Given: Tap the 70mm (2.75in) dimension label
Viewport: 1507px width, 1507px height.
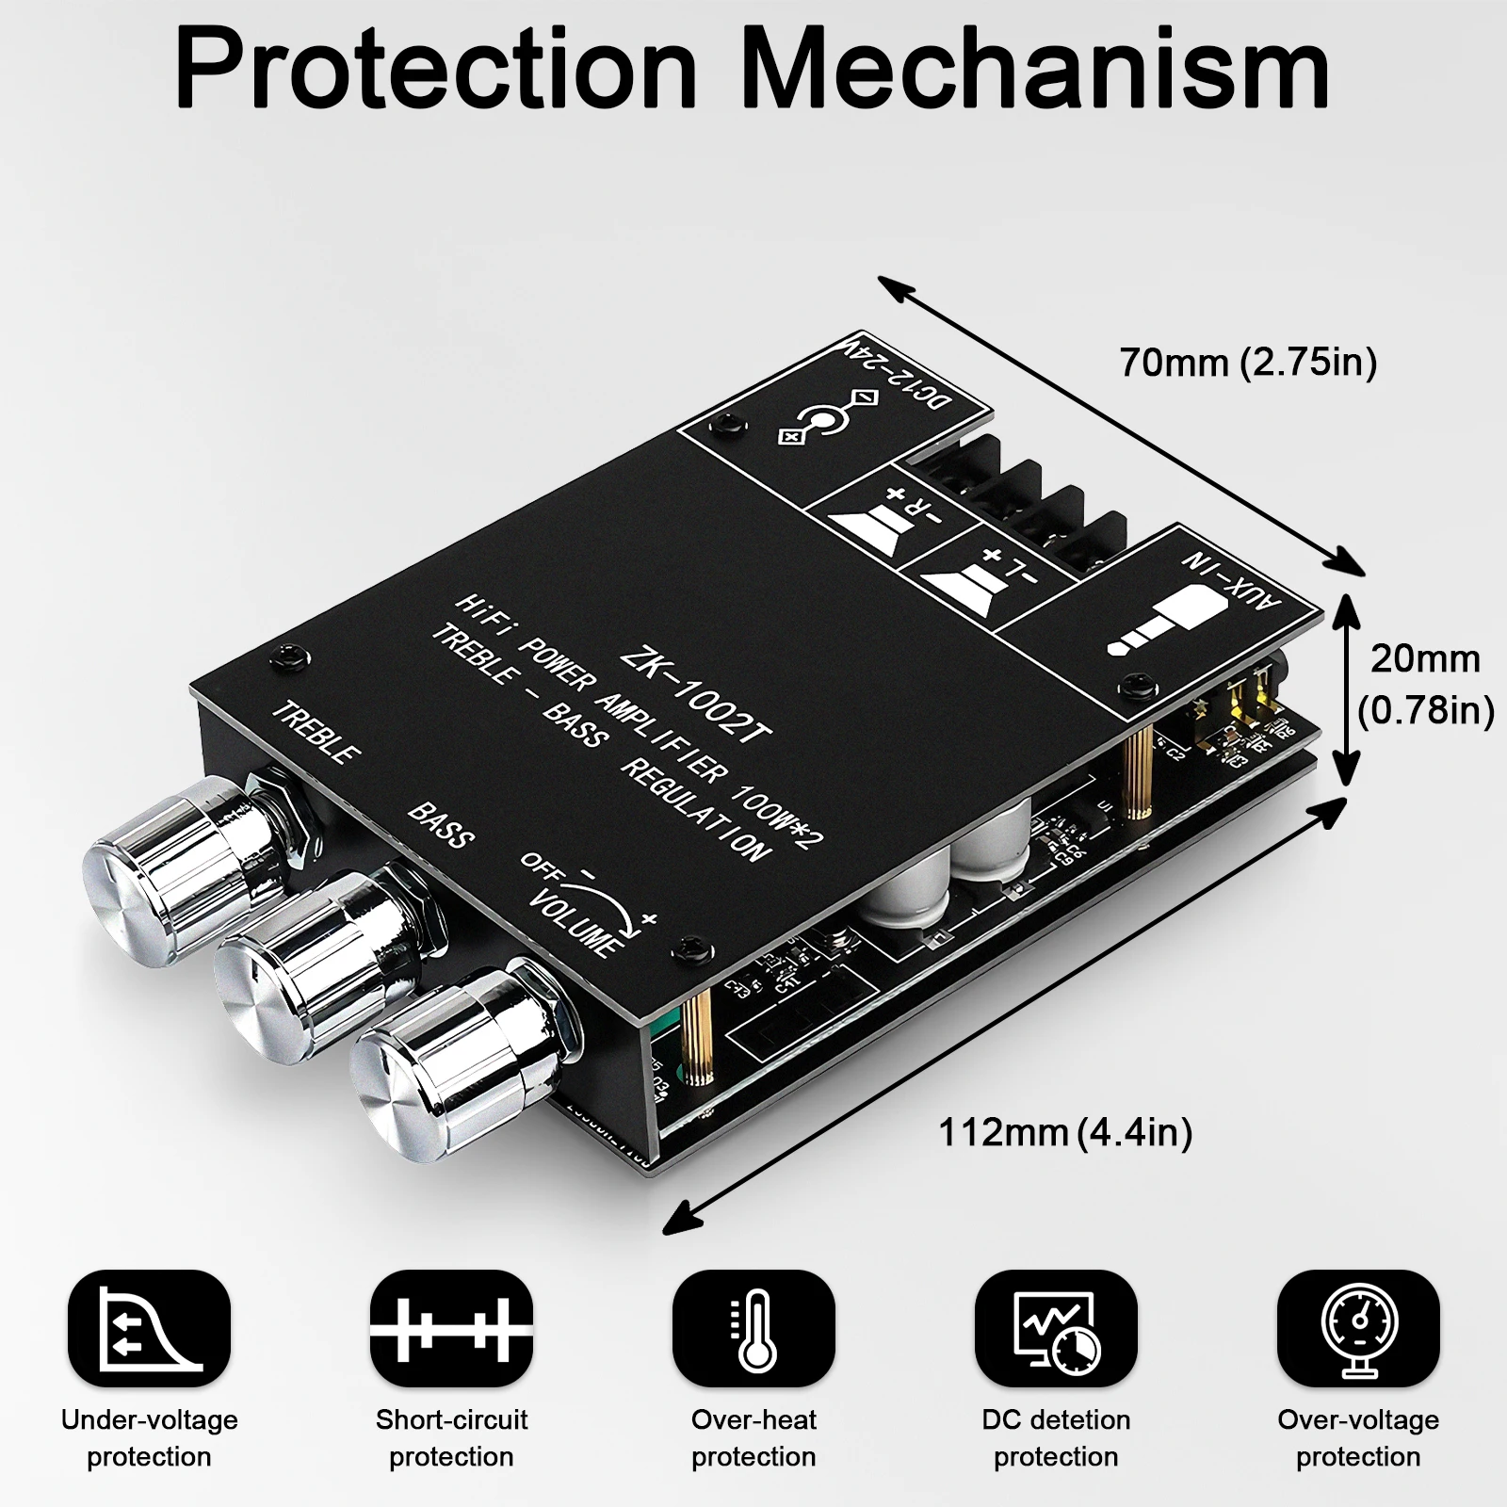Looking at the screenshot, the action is (1247, 362).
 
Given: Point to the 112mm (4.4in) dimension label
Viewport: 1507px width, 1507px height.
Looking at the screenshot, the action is (1065, 1132).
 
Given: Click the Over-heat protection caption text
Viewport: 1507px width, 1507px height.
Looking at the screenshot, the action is (753, 1437).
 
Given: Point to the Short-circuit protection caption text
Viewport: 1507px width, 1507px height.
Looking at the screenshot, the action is (451, 1437).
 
